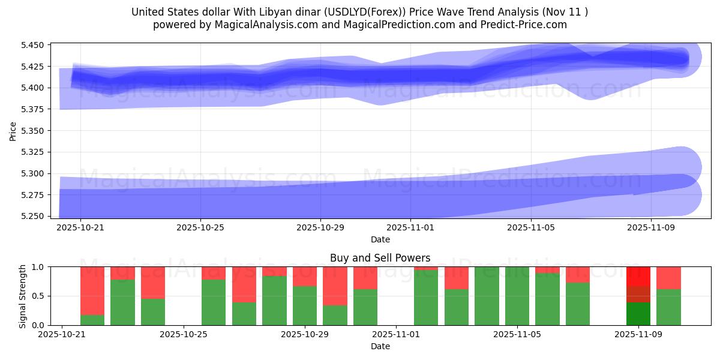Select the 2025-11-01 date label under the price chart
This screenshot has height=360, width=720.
click(410, 227)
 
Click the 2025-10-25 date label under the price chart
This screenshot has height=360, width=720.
click(200, 227)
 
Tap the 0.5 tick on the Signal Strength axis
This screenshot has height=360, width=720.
click(39, 296)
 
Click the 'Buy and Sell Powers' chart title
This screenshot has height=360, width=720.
click(380, 258)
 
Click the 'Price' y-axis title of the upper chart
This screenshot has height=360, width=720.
click(13, 130)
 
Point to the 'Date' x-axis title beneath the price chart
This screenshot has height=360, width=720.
click(380, 239)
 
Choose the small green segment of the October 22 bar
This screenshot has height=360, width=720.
click(92, 320)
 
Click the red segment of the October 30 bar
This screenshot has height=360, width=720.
click(335, 286)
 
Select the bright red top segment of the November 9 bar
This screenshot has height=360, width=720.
click(638, 276)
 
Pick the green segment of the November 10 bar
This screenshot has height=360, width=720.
click(668, 307)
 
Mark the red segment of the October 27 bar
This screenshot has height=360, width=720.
click(244, 284)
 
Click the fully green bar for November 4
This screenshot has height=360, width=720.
click(487, 296)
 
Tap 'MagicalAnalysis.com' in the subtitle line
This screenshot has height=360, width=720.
click(266, 25)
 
